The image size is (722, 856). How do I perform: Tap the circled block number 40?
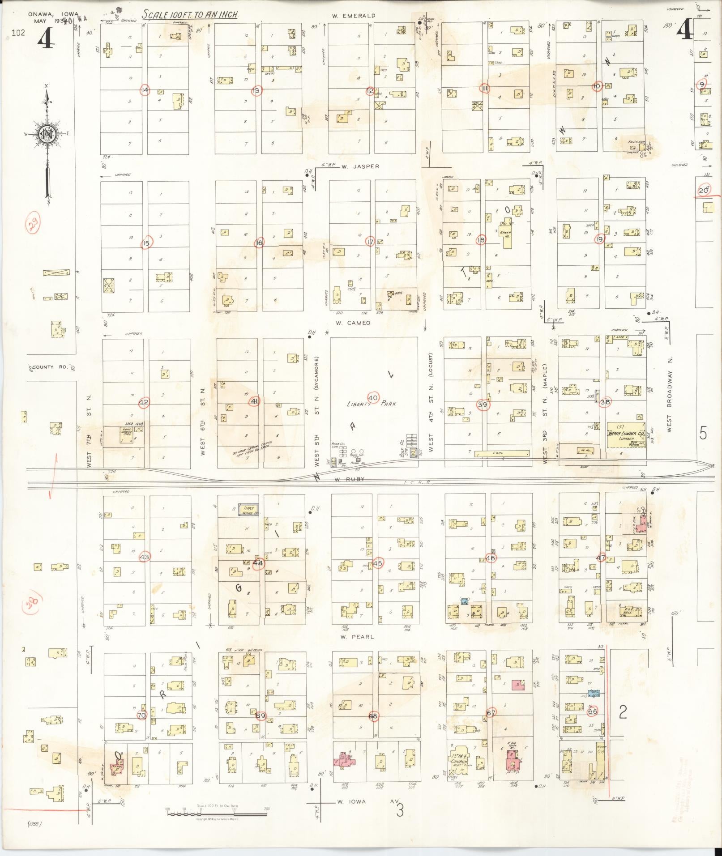(x=373, y=397)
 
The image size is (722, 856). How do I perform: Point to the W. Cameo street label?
(x=353, y=323)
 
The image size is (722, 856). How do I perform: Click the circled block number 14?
(x=145, y=90)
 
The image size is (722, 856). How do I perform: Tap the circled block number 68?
(x=373, y=716)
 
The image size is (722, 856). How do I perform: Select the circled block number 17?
(x=370, y=242)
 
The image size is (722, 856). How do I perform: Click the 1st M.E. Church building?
(x=463, y=759)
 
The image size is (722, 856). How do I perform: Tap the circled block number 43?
(x=145, y=557)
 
